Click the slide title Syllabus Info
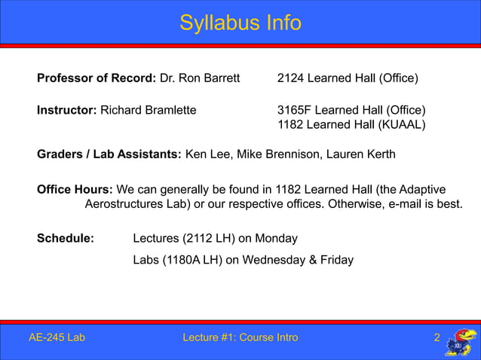point(240,23)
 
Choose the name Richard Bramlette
point(149,110)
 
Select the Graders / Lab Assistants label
point(109,155)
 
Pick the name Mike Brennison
point(280,155)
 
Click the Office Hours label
point(75,189)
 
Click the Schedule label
point(66,239)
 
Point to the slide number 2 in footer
point(437,337)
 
